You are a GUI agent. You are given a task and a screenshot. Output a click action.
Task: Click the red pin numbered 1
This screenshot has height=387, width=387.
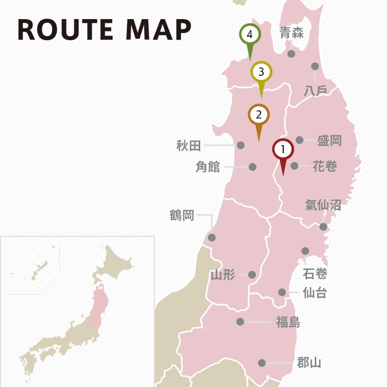point(283,150)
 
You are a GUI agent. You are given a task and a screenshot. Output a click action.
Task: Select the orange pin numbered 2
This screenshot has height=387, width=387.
point(259,115)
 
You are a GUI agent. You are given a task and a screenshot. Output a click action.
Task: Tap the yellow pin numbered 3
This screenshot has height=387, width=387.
point(262,72)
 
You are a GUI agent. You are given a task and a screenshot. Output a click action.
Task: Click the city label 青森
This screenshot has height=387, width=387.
point(292,34)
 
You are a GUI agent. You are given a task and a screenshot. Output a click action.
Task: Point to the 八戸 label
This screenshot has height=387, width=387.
point(315,90)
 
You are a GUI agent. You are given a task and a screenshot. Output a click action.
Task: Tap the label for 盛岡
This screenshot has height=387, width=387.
point(329,140)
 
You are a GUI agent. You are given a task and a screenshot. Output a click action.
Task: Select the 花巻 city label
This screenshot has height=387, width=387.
point(325,166)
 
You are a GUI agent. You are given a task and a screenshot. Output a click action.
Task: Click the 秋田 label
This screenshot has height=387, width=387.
point(188,146)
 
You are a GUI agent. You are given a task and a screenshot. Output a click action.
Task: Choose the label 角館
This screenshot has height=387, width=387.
point(208,167)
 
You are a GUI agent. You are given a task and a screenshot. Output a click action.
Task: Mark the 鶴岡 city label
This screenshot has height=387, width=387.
point(182,215)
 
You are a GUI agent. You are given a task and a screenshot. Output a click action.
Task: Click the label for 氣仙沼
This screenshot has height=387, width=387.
point(323,205)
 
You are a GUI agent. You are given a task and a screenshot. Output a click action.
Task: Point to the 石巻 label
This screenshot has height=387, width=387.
point(315,273)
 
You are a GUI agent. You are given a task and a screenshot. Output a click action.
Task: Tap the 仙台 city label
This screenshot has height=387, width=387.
point(314,293)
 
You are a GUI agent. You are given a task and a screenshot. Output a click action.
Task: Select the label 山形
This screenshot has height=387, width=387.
point(223,275)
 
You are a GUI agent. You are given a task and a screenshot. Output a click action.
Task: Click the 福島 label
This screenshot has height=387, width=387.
point(288,322)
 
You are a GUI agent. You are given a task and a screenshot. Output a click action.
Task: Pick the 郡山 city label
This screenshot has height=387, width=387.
point(309,363)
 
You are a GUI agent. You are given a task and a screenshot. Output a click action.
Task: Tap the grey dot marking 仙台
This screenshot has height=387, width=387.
point(282,292)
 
